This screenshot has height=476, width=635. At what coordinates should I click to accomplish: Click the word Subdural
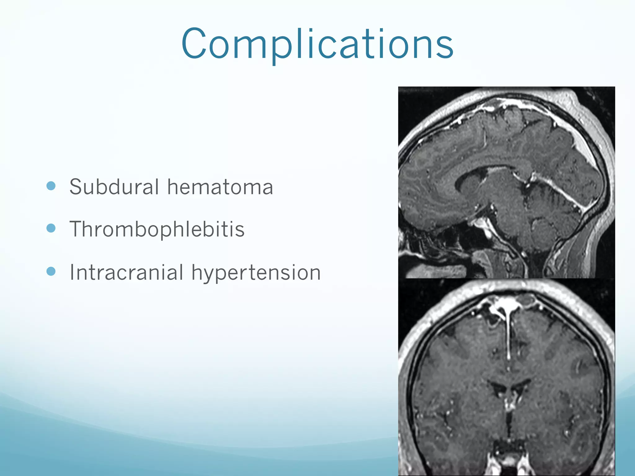(x=114, y=187)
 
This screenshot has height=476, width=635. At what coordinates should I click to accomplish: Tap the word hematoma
(x=220, y=187)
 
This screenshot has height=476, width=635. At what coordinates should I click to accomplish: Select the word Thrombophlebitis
(x=157, y=229)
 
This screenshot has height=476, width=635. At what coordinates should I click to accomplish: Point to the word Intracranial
(x=127, y=273)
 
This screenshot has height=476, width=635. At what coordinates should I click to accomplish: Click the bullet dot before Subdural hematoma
(x=51, y=186)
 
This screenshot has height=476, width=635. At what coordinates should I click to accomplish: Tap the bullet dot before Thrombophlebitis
(x=51, y=228)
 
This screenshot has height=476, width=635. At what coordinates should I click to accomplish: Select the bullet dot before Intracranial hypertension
(x=51, y=271)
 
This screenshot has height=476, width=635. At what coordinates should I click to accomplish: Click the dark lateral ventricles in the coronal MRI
(x=508, y=387)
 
